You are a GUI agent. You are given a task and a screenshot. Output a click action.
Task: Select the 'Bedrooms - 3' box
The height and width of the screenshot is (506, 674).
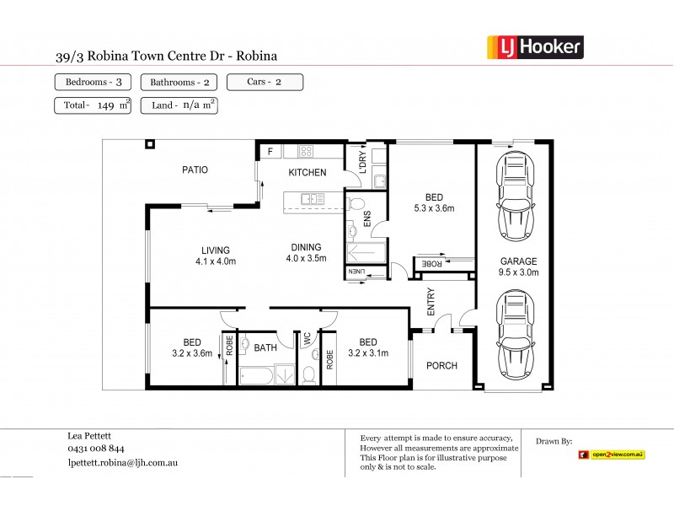click(92, 82)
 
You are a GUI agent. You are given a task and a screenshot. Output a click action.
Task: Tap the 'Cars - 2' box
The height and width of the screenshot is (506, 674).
click(264, 82)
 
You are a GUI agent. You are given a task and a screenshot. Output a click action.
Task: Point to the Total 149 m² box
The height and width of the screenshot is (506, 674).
click(92, 105)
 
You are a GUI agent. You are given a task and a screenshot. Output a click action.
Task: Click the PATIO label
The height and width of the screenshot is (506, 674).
click(195, 170)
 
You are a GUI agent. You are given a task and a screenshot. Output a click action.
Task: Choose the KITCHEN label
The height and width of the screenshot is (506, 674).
click(307, 173)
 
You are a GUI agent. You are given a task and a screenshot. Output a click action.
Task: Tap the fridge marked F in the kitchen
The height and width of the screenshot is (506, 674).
click(270, 152)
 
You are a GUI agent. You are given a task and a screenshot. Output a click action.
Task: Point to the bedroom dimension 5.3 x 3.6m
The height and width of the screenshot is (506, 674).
click(434, 209)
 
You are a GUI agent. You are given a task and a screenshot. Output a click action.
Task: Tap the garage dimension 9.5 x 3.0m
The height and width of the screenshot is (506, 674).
click(517, 272)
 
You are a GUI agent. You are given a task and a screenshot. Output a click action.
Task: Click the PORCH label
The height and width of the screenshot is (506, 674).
click(441, 365)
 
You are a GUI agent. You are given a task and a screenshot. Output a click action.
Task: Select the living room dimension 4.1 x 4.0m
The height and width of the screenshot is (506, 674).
click(216, 261)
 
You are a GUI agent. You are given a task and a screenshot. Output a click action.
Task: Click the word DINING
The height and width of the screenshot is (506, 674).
click(306, 247)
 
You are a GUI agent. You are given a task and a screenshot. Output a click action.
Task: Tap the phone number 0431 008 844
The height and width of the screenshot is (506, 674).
click(95, 449)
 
